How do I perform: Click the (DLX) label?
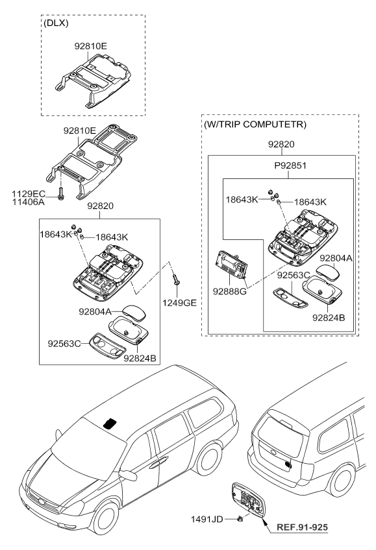56,23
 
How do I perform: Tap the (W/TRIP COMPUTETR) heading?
255,124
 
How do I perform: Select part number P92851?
290,165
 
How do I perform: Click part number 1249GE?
179,303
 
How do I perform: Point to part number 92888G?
230,291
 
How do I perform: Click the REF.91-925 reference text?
302,527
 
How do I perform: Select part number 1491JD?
207,519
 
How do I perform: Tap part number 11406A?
29,202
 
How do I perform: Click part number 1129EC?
29,194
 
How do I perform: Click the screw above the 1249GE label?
176,279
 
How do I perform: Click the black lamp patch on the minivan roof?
110,424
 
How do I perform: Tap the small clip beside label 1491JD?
240,518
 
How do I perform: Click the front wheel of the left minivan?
105,520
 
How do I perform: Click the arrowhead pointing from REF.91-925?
264,521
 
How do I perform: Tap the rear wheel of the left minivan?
209,459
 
